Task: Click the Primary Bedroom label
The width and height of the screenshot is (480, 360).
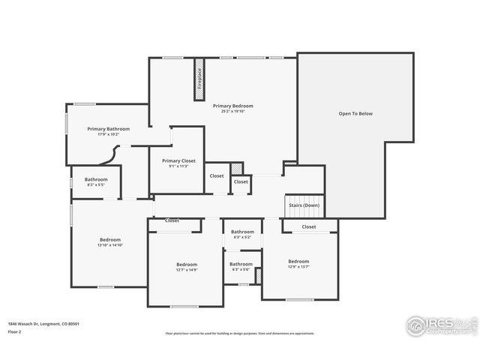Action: pyautogui.click(x=232, y=106)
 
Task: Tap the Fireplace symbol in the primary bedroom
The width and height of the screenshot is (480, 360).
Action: pyautogui.click(x=199, y=78)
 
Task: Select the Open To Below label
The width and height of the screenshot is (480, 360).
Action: pyautogui.click(x=355, y=114)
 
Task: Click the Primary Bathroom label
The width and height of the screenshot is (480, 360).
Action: pyautogui.click(x=108, y=129)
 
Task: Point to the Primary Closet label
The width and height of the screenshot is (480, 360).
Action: pyautogui.click(x=178, y=160)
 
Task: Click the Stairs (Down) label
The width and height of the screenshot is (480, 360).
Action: pyautogui.click(x=304, y=205)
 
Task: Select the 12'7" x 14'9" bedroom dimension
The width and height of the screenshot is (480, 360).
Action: pyautogui.click(x=187, y=270)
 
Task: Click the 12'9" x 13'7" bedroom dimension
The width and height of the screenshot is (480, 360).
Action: pyautogui.click(x=298, y=266)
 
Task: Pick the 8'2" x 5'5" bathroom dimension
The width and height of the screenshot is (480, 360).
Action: pyautogui.click(x=96, y=184)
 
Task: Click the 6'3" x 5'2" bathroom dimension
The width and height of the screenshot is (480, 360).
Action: pyautogui.click(x=242, y=237)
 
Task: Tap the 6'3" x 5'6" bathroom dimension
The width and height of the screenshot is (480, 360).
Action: pyautogui.click(x=241, y=269)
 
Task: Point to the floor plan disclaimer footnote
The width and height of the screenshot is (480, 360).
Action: pyautogui.click(x=240, y=334)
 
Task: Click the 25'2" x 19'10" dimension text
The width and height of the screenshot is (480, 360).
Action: pyautogui.click(x=232, y=111)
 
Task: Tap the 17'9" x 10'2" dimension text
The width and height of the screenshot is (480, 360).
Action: pyautogui.click(x=108, y=134)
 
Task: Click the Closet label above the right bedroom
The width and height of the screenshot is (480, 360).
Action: pyautogui.click(x=309, y=226)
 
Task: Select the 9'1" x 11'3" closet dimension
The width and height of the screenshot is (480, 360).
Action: pyautogui.click(x=178, y=166)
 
